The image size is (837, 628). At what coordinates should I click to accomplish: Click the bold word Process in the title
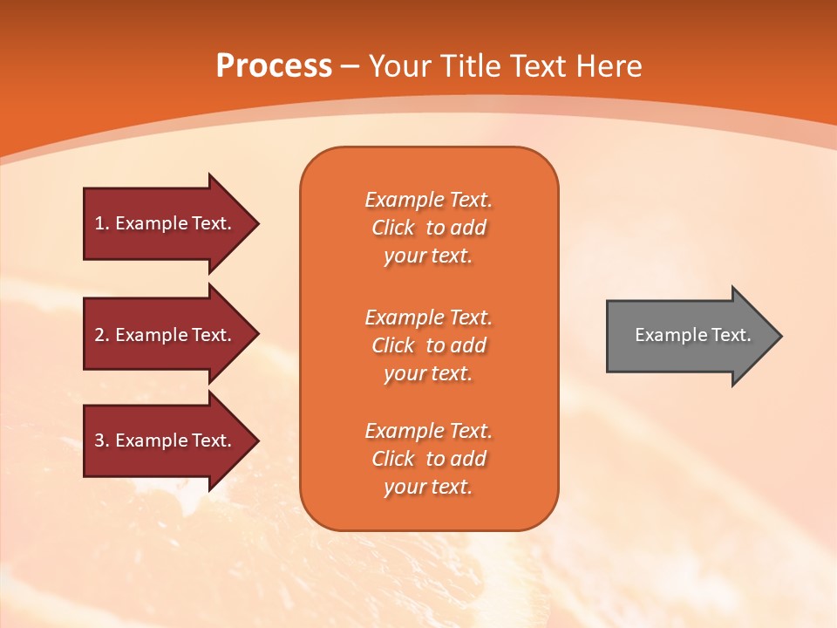[274, 66]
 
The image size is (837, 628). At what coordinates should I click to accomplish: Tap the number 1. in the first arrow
[102, 223]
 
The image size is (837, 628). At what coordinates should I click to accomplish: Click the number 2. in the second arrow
[102, 335]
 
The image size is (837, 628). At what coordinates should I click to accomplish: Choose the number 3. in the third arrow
[102, 440]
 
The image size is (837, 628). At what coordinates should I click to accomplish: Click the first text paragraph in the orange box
[428, 228]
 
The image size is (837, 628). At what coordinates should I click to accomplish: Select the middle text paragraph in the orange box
[428, 345]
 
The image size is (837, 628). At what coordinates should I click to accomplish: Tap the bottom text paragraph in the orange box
[428, 459]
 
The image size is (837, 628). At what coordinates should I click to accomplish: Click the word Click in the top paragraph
[393, 228]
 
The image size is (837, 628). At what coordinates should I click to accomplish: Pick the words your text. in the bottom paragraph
[428, 487]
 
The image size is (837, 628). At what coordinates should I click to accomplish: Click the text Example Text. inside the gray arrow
[693, 335]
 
